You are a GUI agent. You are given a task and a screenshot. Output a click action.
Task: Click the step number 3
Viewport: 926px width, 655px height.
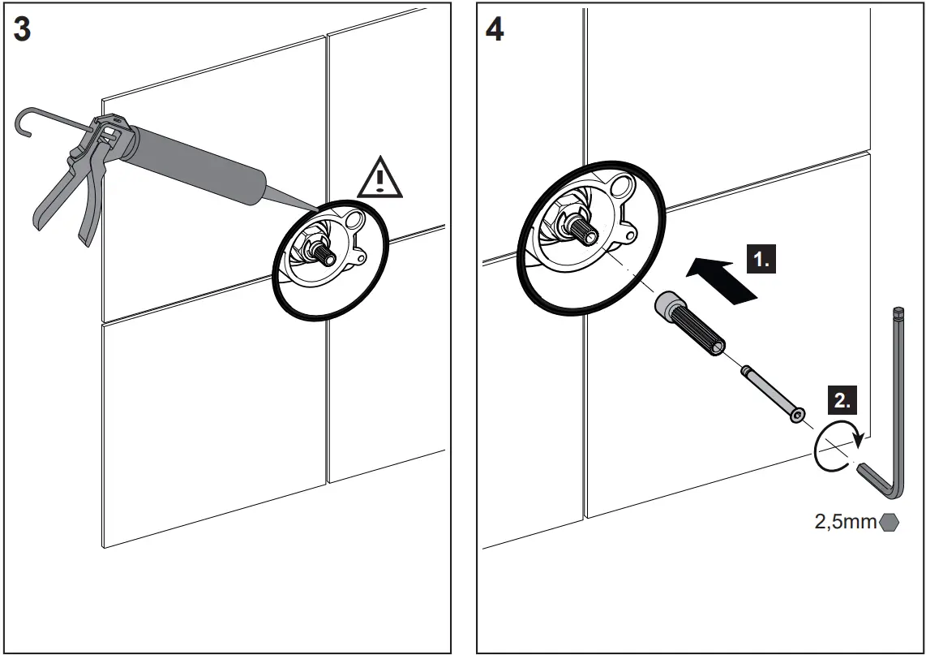(23, 29)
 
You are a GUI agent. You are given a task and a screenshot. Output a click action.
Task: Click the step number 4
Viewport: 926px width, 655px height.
(494, 29)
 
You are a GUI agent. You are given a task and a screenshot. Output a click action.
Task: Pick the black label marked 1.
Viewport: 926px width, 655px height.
(760, 261)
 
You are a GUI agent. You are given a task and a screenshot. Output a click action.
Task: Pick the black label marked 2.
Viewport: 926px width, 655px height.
(842, 400)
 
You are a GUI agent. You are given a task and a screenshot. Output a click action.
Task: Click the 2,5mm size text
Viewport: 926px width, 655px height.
(845, 522)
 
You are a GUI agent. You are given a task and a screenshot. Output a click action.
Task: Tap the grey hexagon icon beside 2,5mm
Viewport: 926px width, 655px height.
(889, 522)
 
